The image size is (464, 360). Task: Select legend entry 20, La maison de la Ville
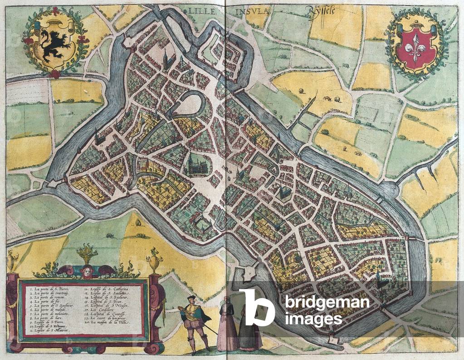coord(107,321)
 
